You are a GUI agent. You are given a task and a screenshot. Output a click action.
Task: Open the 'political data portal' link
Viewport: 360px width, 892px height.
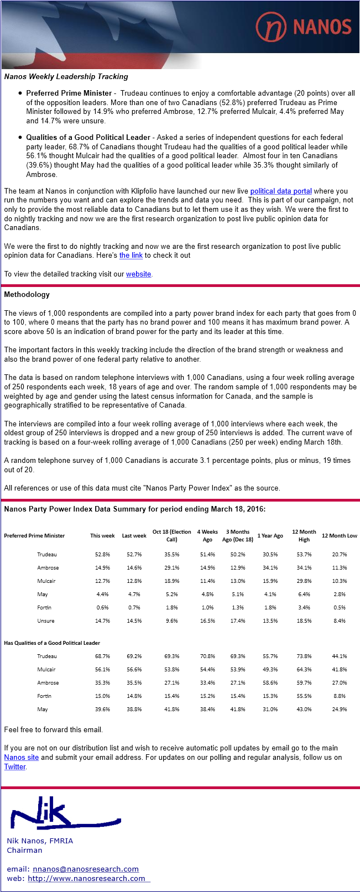point(281,191)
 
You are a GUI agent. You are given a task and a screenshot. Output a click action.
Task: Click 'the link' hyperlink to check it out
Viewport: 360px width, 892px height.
point(131,255)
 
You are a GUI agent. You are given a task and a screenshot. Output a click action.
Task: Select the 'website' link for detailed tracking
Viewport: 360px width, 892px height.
point(138,274)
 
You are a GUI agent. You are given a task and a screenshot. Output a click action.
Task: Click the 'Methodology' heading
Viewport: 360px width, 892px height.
point(27,295)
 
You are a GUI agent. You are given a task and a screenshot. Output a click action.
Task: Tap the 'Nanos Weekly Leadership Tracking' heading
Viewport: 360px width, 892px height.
point(66,77)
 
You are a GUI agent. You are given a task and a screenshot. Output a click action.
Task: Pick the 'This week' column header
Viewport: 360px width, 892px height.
point(102,535)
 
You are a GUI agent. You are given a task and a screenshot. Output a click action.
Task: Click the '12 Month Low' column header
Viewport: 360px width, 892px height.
point(339,535)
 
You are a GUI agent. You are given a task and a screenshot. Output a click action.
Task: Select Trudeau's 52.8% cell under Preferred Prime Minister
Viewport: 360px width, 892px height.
point(102,554)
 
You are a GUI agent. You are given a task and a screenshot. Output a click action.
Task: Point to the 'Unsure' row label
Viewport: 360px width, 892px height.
point(46,620)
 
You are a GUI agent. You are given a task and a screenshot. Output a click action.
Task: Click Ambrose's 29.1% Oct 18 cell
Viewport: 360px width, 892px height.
point(171,567)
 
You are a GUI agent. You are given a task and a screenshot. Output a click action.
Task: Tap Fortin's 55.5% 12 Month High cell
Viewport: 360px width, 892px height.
point(304,696)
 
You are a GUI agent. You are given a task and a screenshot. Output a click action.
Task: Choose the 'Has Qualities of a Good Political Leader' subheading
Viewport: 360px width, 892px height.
point(52,643)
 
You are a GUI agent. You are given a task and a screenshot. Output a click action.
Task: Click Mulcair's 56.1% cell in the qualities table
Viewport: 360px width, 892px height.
point(102,669)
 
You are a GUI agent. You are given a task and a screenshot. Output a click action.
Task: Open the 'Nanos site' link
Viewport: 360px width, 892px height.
point(21,758)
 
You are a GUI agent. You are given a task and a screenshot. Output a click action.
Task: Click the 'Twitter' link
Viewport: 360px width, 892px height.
point(15,767)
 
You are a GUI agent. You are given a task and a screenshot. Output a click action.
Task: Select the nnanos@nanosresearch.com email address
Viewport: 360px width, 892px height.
point(86,869)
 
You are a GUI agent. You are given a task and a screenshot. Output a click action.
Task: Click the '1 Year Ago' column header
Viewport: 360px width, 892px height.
point(270,535)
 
